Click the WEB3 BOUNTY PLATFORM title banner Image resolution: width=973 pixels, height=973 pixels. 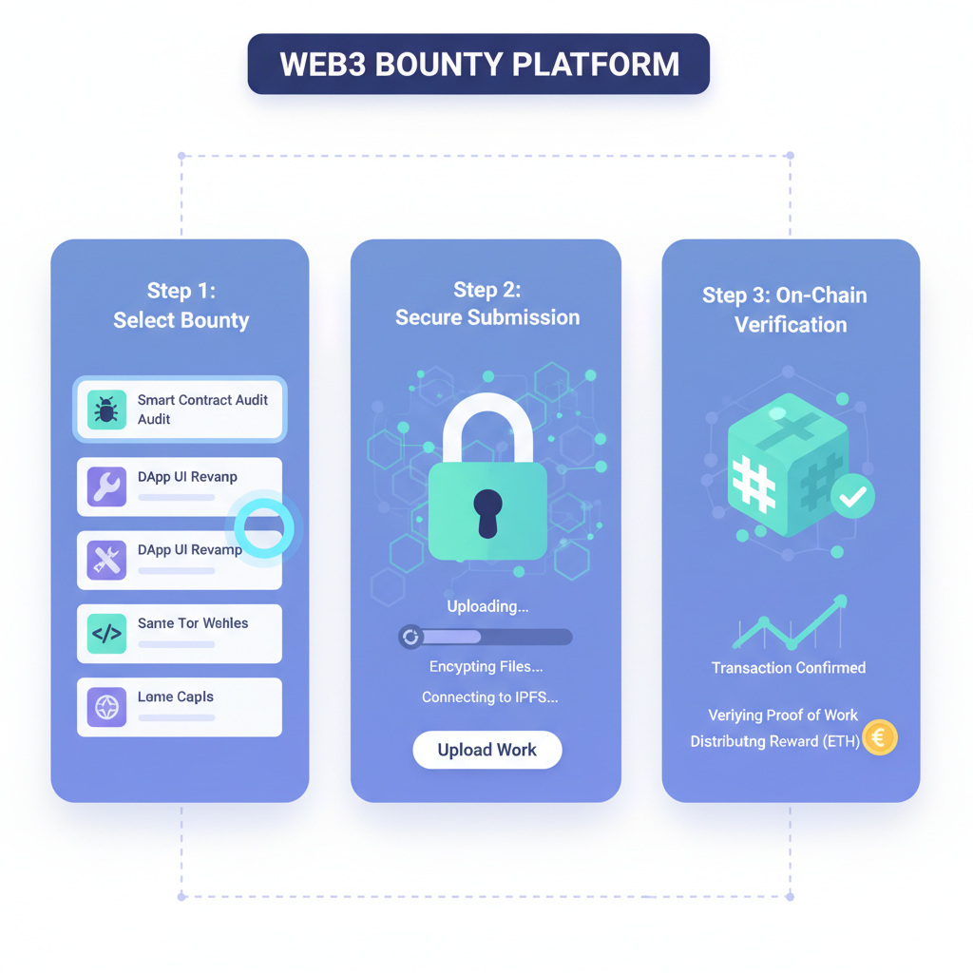click(478, 64)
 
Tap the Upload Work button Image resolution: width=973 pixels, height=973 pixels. click(487, 750)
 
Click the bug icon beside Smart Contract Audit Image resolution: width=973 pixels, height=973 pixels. click(106, 410)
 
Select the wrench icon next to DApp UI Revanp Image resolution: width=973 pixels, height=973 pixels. click(106, 486)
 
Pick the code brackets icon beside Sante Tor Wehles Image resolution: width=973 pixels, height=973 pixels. click(106, 633)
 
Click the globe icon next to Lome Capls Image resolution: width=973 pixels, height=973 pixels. click(106, 707)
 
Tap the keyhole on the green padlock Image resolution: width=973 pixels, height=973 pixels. click(487, 510)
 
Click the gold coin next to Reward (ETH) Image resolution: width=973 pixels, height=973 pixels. click(880, 738)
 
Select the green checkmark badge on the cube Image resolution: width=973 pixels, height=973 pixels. click(852, 495)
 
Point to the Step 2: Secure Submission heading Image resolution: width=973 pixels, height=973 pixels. click(486, 304)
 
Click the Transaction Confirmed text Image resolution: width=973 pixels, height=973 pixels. click(789, 668)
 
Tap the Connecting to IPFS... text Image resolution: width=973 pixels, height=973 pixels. click(489, 697)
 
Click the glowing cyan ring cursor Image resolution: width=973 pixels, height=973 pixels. click(263, 527)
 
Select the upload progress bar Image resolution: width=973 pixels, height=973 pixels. click(486, 637)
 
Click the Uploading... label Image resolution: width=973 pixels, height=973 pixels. click(487, 606)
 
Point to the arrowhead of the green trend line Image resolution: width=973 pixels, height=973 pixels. click(841, 601)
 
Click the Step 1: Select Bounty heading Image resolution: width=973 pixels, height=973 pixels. click(181, 305)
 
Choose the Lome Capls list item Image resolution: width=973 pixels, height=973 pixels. click(180, 707)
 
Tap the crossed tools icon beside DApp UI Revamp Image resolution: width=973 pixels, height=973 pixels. click(106, 560)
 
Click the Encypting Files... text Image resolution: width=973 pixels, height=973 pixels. click(486, 667)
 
